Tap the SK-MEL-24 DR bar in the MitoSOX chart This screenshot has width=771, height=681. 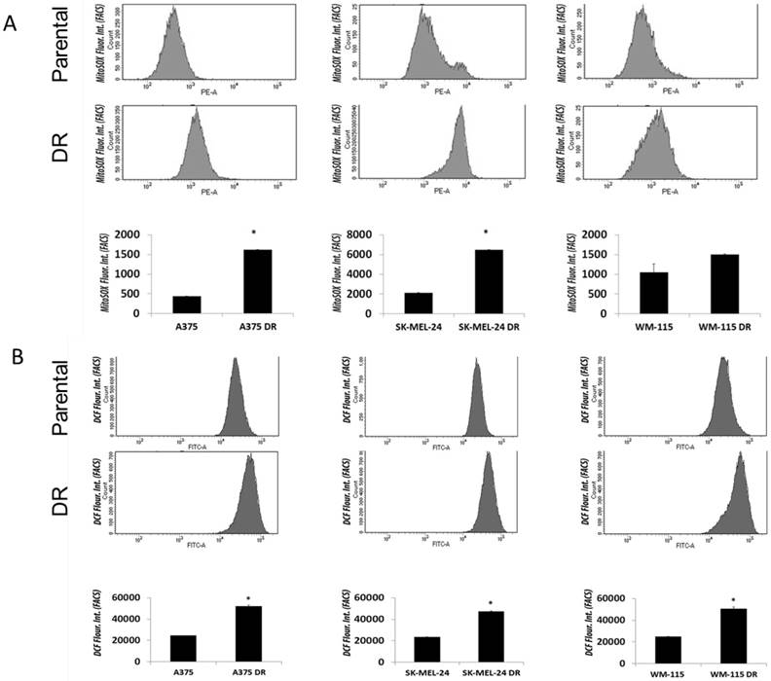point(486,282)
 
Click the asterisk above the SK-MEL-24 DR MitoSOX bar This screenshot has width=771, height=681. point(486,233)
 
